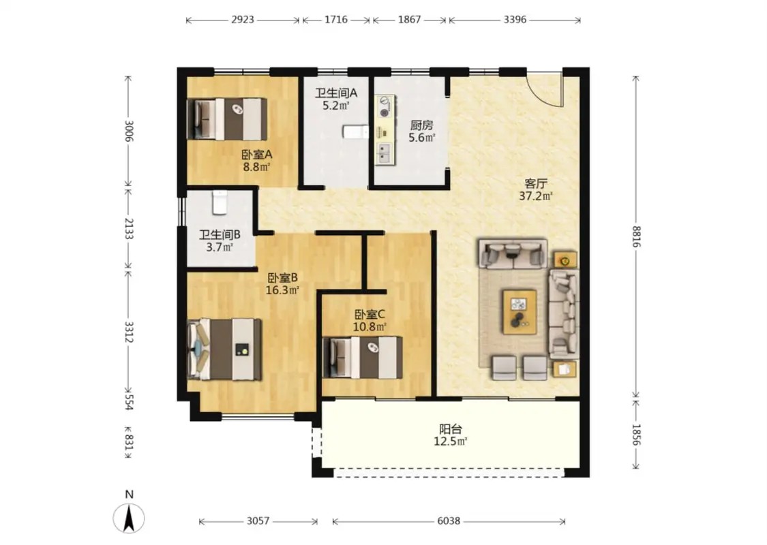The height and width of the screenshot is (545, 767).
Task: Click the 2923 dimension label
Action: pos(243,20)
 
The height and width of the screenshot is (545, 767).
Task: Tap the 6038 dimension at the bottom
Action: pos(449,521)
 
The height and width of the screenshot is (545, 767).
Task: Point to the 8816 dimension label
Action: pos(635,236)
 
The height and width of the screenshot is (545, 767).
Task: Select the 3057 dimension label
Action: pos(258,521)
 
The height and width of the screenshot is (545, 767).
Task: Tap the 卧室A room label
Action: pos(257,155)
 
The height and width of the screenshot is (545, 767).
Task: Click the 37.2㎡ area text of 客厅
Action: pos(536,196)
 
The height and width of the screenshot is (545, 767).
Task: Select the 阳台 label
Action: pos(451,429)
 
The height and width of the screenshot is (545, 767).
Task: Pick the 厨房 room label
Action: pos(421,125)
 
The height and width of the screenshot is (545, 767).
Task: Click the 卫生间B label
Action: pos(220,234)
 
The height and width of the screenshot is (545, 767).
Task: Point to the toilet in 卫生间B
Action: pos(220,203)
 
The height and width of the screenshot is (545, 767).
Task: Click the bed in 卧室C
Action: pos(363,357)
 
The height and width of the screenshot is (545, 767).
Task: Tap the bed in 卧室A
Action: pos(227,119)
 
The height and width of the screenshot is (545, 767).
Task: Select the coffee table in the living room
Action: pos(520,312)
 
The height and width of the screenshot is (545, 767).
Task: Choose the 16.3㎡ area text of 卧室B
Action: pos(282,290)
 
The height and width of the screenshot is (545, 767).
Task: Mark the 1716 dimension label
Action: pos(336,20)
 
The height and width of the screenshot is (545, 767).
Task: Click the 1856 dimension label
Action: pos(635,435)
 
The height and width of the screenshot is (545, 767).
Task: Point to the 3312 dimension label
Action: pos(129,331)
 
